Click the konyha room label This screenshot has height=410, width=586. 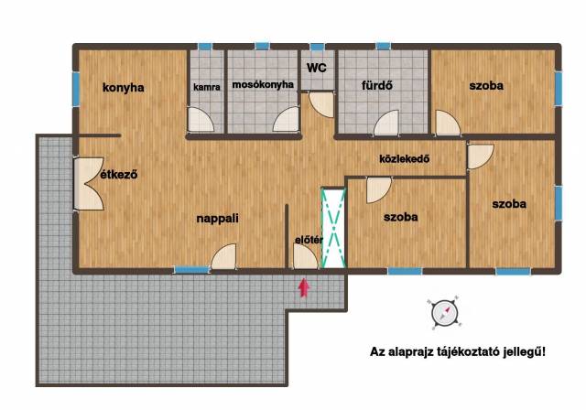click(124, 88)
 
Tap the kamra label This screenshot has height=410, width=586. click(207, 87)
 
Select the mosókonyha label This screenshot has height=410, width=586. click(263, 85)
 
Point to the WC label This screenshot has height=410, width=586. click(317, 68)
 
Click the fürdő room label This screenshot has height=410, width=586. click(377, 85)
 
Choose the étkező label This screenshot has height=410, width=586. click(119, 175)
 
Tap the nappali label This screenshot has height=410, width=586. click(218, 219)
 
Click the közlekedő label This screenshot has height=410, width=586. click(405, 159)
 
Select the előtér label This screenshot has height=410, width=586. click(309, 240)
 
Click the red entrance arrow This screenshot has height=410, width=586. click(304, 288)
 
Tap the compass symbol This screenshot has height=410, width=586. click(444, 313)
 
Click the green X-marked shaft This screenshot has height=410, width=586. click(333, 228)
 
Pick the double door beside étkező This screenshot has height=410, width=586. click(88, 184)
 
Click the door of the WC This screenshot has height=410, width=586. click(321, 105)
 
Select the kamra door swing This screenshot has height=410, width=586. click(201, 120)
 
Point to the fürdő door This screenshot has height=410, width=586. click(386, 123)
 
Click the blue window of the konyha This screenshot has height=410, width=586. click(76, 89)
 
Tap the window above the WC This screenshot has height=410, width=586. click(318, 47)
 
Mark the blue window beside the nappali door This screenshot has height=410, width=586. click(192, 270)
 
